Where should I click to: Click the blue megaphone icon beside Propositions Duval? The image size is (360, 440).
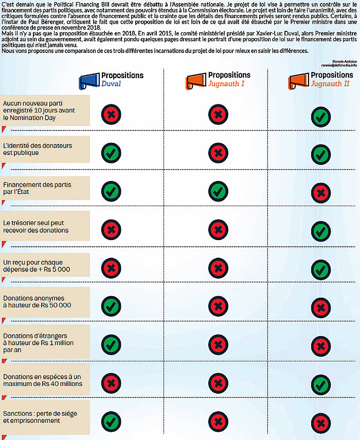[88, 80]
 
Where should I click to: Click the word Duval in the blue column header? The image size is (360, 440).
[112, 84]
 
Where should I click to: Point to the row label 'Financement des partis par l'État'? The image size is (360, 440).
[37, 188]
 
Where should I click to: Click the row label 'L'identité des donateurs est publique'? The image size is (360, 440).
[38, 149]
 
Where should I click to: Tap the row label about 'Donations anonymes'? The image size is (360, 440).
[37, 301]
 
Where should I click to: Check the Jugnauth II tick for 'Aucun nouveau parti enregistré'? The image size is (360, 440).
[320, 117]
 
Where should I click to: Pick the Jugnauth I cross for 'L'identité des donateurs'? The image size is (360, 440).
[218, 152]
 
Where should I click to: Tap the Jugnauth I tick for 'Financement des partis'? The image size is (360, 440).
[218, 191]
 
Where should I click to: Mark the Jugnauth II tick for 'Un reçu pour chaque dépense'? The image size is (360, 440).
[320, 268]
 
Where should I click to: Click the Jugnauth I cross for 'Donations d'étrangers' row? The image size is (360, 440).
[218, 344]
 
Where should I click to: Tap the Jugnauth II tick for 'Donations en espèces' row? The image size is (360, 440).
[320, 383]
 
